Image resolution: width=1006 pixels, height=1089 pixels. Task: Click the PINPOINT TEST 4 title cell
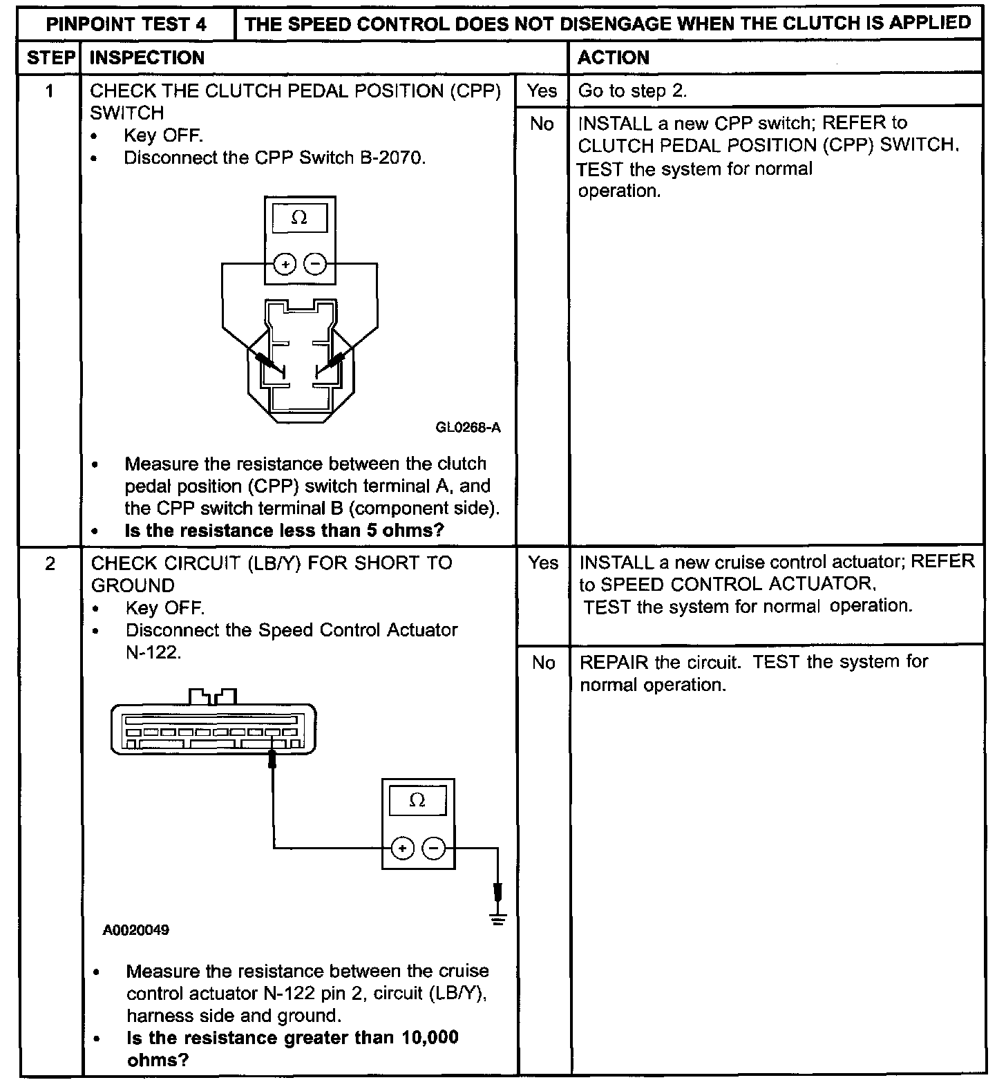126,25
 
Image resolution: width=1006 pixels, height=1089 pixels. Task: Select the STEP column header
50,58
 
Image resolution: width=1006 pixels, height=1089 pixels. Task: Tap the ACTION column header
614,58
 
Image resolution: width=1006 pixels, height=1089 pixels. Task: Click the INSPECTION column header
147,58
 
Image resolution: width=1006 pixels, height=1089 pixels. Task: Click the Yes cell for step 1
542,91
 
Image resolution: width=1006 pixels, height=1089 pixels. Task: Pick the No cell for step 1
542,124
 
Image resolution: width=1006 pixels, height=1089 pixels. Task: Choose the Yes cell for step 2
543,563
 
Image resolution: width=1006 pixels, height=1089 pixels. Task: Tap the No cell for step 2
544,663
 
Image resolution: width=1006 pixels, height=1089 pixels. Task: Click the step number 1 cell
50,91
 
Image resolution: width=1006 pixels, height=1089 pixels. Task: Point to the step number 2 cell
50,564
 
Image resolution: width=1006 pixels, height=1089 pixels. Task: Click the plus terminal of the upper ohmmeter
285,264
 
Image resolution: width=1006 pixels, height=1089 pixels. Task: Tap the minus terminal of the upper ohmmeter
315,264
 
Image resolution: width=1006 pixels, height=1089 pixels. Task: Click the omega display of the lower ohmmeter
417,801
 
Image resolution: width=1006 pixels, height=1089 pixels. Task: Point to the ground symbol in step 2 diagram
497,917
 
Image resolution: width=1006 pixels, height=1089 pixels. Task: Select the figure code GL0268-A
468,428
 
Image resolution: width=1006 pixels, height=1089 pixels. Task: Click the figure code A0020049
136,930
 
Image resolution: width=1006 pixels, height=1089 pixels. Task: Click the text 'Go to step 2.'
632,91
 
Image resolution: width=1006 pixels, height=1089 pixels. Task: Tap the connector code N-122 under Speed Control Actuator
153,652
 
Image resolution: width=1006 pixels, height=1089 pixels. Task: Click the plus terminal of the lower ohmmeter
402,848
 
